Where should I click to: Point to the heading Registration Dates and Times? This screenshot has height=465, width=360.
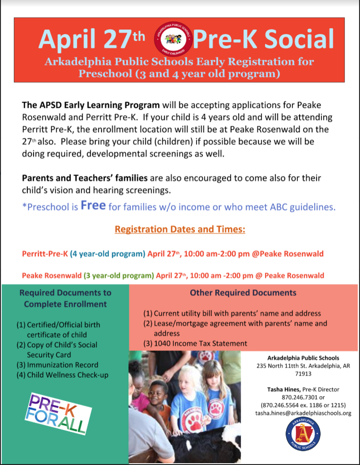pyautogui.click(x=180, y=229)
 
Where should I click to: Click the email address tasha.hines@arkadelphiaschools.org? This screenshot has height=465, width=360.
pyautogui.click(x=303, y=413)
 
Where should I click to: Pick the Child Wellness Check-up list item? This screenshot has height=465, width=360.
pyautogui.click(x=65, y=375)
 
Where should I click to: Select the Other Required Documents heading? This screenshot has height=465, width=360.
pyautogui.click(x=243, y=293)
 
